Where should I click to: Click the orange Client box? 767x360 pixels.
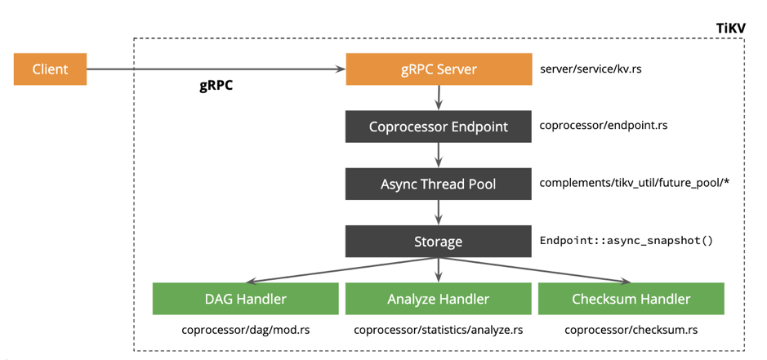[50, 69]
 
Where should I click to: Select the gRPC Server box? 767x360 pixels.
[439, 69]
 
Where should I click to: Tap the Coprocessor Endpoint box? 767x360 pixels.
[439, 127]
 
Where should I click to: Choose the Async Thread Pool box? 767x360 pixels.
[439, 184]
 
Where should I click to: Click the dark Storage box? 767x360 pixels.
[439, 242]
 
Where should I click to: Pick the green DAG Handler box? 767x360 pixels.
[245, 299]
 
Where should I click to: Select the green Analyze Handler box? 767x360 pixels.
[439, 299]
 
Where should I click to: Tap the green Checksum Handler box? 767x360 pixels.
[631, 299]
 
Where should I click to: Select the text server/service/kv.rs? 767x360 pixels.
[591, 69]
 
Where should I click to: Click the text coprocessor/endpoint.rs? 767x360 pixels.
[604, 126]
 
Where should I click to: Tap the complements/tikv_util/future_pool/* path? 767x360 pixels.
[634, 183]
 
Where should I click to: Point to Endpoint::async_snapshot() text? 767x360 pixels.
[627, 241]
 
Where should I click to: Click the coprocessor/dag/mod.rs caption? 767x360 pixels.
[245, 331]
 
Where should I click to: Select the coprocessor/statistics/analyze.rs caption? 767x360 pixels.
[439, 331]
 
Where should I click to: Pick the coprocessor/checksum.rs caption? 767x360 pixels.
[631, 331]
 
